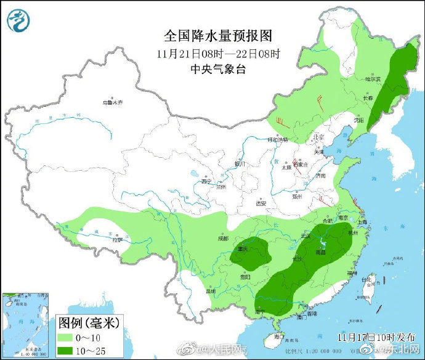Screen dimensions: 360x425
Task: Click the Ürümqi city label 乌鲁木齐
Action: coord(113,102)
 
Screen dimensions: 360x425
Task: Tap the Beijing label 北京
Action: coord(318,137)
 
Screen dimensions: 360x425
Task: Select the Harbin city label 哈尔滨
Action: coord(373,79)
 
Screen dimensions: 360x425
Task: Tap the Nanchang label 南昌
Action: coord(320,253)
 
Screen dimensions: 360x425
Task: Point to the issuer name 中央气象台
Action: coord(218,69)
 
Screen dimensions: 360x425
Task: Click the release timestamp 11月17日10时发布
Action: coord(368,337)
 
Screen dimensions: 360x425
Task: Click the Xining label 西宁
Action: coord(206,181)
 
